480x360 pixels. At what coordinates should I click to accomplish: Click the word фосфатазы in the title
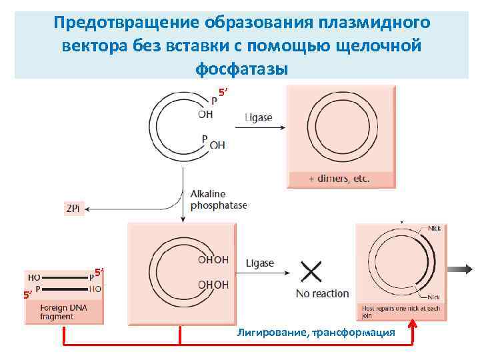241,69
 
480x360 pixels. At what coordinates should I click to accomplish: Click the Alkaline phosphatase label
218,199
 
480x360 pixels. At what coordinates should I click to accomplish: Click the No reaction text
322,293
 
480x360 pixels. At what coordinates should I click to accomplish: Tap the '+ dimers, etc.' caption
339,179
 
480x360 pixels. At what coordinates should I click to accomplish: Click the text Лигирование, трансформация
315,332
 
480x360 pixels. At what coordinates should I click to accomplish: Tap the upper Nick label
434,228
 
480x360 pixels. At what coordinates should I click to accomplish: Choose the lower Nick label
433,297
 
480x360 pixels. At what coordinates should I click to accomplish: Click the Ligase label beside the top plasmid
258,117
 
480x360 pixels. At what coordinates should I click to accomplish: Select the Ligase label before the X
260,263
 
